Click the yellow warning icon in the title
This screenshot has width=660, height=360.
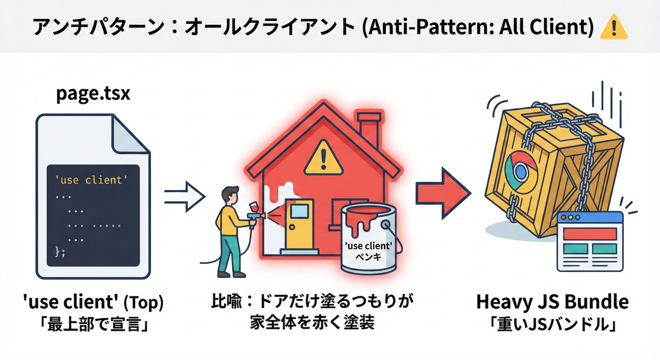coord(613,28)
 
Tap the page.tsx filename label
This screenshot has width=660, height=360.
coord(93,94)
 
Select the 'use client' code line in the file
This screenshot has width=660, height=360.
coord(91,180)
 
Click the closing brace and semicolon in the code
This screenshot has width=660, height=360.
coord(60,251)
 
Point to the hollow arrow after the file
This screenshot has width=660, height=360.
coord(184,196)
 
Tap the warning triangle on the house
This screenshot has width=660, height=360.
coord(323,157)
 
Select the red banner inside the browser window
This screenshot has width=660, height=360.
coord(590,233)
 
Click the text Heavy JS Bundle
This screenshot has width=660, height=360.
coord(553,302)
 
